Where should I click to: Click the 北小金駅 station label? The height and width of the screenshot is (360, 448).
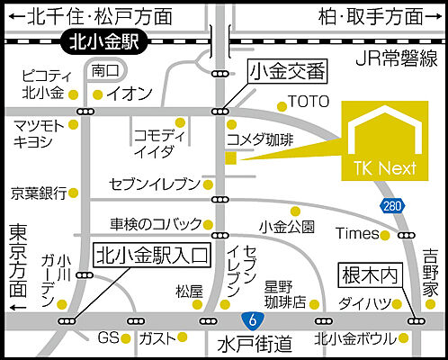click(x=107, y=41)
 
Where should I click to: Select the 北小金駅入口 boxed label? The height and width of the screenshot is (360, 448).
click(x=152, y=255)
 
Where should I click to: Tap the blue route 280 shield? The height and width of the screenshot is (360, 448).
click(x=391, y=206)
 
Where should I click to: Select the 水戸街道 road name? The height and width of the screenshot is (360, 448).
click(x=255, y=343)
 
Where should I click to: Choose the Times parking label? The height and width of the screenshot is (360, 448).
click(x=356, y=234)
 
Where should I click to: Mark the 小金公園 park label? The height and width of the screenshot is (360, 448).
click(x=285, y=225)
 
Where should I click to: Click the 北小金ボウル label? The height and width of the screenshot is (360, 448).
click(x=354, y=339)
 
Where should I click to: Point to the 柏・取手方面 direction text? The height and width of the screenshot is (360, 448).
click(x=372, y=16)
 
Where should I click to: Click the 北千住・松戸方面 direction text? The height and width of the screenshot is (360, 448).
click(x=97, y=16)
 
